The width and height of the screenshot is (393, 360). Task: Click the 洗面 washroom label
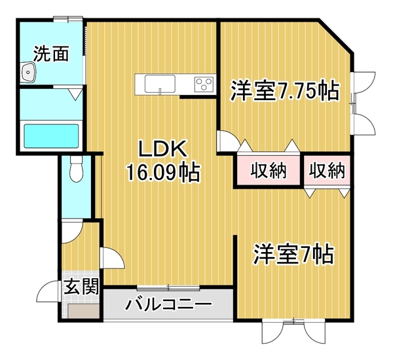[x=51, y=54]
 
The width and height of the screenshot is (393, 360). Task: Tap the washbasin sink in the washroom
[x=29, y=73]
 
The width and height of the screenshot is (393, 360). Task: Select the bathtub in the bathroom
[x=51, y=136]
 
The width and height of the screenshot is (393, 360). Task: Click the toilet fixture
[x=77, y=169]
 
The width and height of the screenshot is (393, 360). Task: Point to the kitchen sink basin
[x=160, y=84]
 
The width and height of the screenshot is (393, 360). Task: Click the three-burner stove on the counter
[x=204, y=84]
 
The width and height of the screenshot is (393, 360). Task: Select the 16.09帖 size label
[x=163, y=172]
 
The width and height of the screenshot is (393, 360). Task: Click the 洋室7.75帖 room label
[x=285, y=91]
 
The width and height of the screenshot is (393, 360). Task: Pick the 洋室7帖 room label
[x=293, y=253]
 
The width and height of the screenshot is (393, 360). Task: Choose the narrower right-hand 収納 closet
[x=327, y=170]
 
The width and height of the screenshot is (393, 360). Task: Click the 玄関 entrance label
[x=81, y=287]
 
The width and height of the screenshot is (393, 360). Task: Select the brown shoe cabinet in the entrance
[x=83, y=311]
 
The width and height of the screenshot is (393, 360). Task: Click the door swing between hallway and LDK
[x=112, y=258]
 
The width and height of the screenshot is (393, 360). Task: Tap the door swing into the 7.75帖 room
[x=229, y=141]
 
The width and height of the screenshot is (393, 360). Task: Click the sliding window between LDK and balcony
[x=168, y=287]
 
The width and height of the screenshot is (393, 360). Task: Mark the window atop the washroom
[x=68, y=19]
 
